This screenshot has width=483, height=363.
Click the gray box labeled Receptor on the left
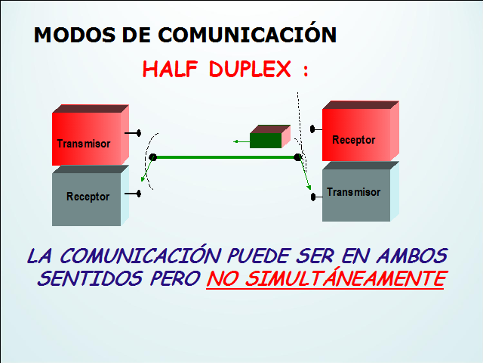coord(87,198)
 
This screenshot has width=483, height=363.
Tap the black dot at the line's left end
coord(152,157)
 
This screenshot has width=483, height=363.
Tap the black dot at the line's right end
coord(298,157)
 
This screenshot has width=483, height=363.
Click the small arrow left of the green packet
coord(240,141)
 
